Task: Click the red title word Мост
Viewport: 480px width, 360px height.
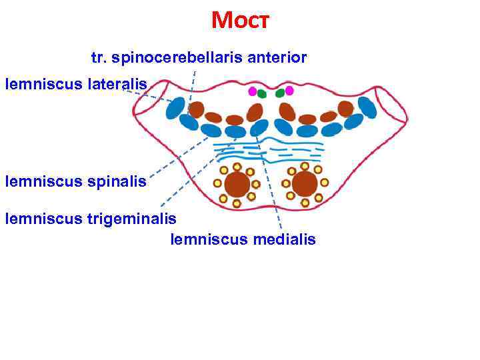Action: pos(239,20)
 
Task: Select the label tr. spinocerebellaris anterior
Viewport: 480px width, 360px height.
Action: pos(199,58)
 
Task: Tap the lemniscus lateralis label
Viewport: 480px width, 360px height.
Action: pos(76,84)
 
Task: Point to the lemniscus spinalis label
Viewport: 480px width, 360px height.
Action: pos(75,181)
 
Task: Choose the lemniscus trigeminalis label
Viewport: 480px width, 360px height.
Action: pos(91,217)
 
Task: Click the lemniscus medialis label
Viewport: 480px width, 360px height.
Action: pos(243,239)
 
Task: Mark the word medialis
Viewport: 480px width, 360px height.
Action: pos(284,239)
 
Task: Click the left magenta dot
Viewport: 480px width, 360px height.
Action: pos(252,91)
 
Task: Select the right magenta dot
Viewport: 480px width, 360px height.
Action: pos(289,91)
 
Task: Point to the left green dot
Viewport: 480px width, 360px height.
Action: pos(261,94)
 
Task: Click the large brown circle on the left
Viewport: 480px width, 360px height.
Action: pos(237,184)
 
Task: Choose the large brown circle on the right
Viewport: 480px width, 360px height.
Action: pos(305,184)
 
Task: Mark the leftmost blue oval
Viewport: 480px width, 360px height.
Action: pos(175,108)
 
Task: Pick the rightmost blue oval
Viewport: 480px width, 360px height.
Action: pos(367,107)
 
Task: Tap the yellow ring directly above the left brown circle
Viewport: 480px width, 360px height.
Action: pos(237,167)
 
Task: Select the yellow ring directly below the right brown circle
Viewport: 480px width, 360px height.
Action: pos(305,203)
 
